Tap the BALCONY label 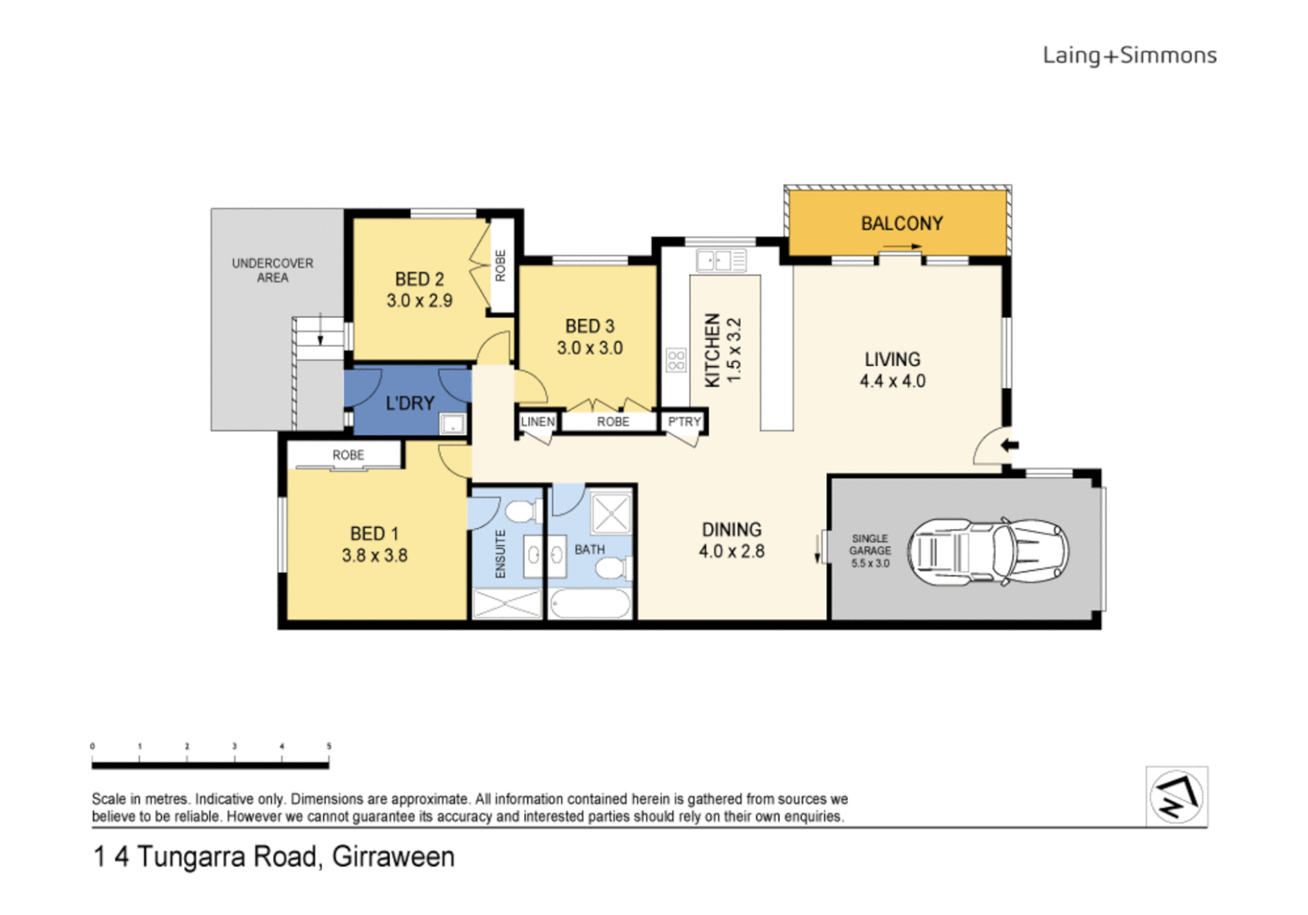coord(902,224)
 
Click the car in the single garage coord(988,552)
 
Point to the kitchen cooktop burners coord(676,360)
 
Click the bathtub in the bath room coord(590,603)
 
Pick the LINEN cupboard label coord(537,421)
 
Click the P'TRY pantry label coord(684,421)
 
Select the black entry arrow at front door coord(1010,446)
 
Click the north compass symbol coord(1176,797)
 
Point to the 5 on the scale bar coord(329,746)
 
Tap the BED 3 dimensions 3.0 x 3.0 coord(590,348)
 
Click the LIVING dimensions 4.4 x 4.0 coord(893,381)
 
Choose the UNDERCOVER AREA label coord(273,270)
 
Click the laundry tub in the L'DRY coord(453,424)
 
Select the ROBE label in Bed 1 coord(348,455)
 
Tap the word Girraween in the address coord(393,857)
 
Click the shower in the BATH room coord(611,513)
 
